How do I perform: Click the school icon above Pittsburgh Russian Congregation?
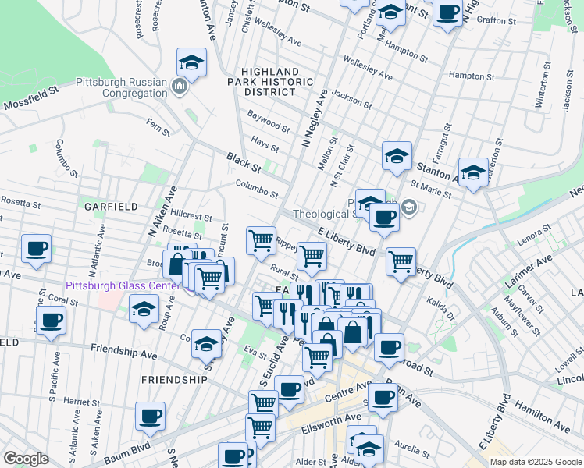[191, 62]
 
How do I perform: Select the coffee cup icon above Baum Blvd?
[150, 415]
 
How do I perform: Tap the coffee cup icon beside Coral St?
[51, 320]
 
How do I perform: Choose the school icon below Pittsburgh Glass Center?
[144, 310]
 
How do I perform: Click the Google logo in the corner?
[26, 459]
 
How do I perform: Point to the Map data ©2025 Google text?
[535, 462]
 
